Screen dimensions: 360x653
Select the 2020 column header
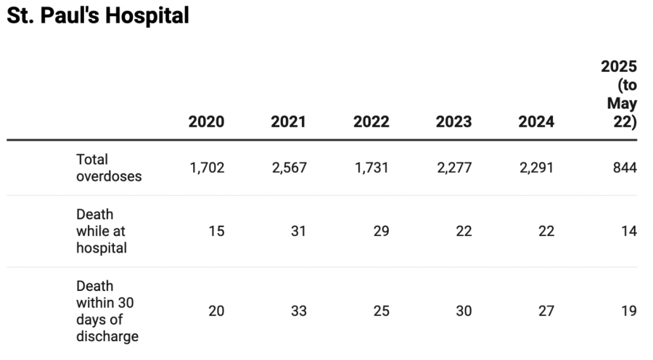(x=206, y=121)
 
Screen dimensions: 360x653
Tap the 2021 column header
(x=289, y=121)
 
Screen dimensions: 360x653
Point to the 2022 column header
(x=371, y=121)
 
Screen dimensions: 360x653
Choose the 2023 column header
(x=453, y=121)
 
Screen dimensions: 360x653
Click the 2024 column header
(x=536, y=121)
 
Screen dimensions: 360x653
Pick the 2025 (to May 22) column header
(x=620, y=94)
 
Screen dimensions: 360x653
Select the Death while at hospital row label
(x=102, y=232)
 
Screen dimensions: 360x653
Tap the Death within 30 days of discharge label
(x=107, y=311)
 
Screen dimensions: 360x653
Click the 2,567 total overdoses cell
(x=289, y=168)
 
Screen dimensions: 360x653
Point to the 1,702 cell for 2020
(x=207, y=168)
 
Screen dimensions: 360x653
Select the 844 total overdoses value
(x=623, y=168)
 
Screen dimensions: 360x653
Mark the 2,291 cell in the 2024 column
(x=536, y=168)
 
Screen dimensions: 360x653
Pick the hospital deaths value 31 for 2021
(x=298, y=232)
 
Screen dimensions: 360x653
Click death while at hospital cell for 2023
(x=463, y=232)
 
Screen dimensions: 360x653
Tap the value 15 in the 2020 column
(x=216, y=232)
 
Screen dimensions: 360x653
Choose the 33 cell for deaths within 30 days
(x=298, y=311)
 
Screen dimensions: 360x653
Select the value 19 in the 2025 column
(x=628, y=311)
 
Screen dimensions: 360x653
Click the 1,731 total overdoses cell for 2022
(x=371, y=168)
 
